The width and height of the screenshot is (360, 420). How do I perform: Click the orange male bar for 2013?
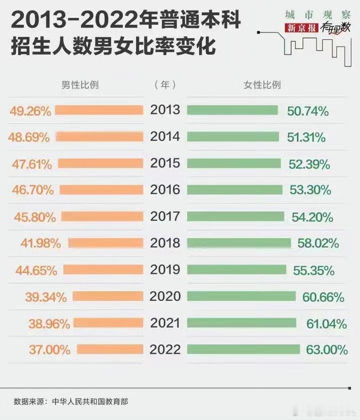[99, 110]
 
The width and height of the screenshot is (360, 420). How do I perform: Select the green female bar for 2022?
[243, 349]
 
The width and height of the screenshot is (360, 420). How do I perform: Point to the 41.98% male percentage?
[41, 244]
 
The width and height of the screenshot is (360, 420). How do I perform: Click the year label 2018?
[165, 243]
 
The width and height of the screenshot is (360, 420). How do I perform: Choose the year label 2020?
[165, 296]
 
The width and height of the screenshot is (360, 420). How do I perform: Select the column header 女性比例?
[262, 85]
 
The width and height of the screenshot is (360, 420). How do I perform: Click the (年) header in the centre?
[165, 85]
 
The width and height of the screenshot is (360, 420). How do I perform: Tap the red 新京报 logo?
[301, 28]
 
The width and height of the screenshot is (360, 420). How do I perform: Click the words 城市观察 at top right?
[313, 14]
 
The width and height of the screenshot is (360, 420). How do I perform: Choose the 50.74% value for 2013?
[308, 111]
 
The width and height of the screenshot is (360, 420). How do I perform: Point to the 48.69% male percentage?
[29, 137]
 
